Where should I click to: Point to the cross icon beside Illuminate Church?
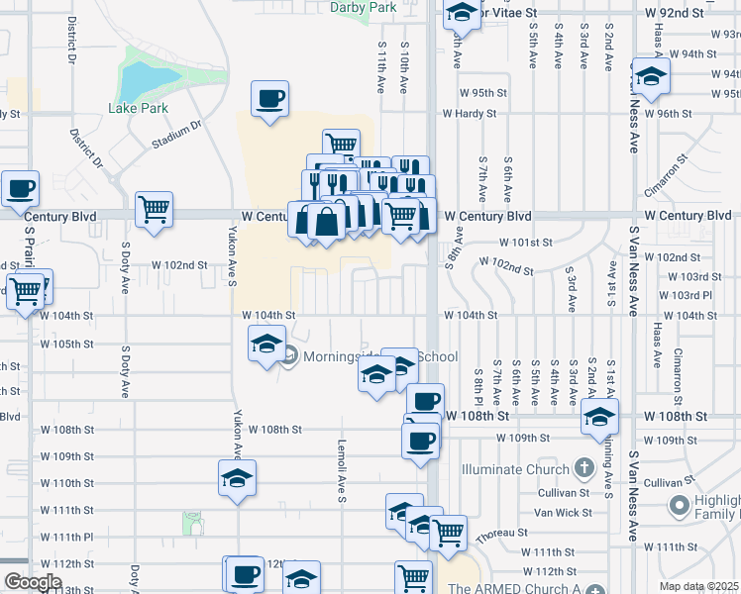point(583,468)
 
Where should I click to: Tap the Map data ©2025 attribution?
point(698,586)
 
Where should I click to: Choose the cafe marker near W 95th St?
point(269,99)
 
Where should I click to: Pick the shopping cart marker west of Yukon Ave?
point(154,209)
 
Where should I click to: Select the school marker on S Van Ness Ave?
point(650,77)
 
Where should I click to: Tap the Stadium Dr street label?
point(176,135)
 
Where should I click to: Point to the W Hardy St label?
point(470,113)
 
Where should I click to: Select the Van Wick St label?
point(563,512)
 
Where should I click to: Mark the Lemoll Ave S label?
point(341,470)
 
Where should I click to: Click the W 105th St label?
point(66,344)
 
